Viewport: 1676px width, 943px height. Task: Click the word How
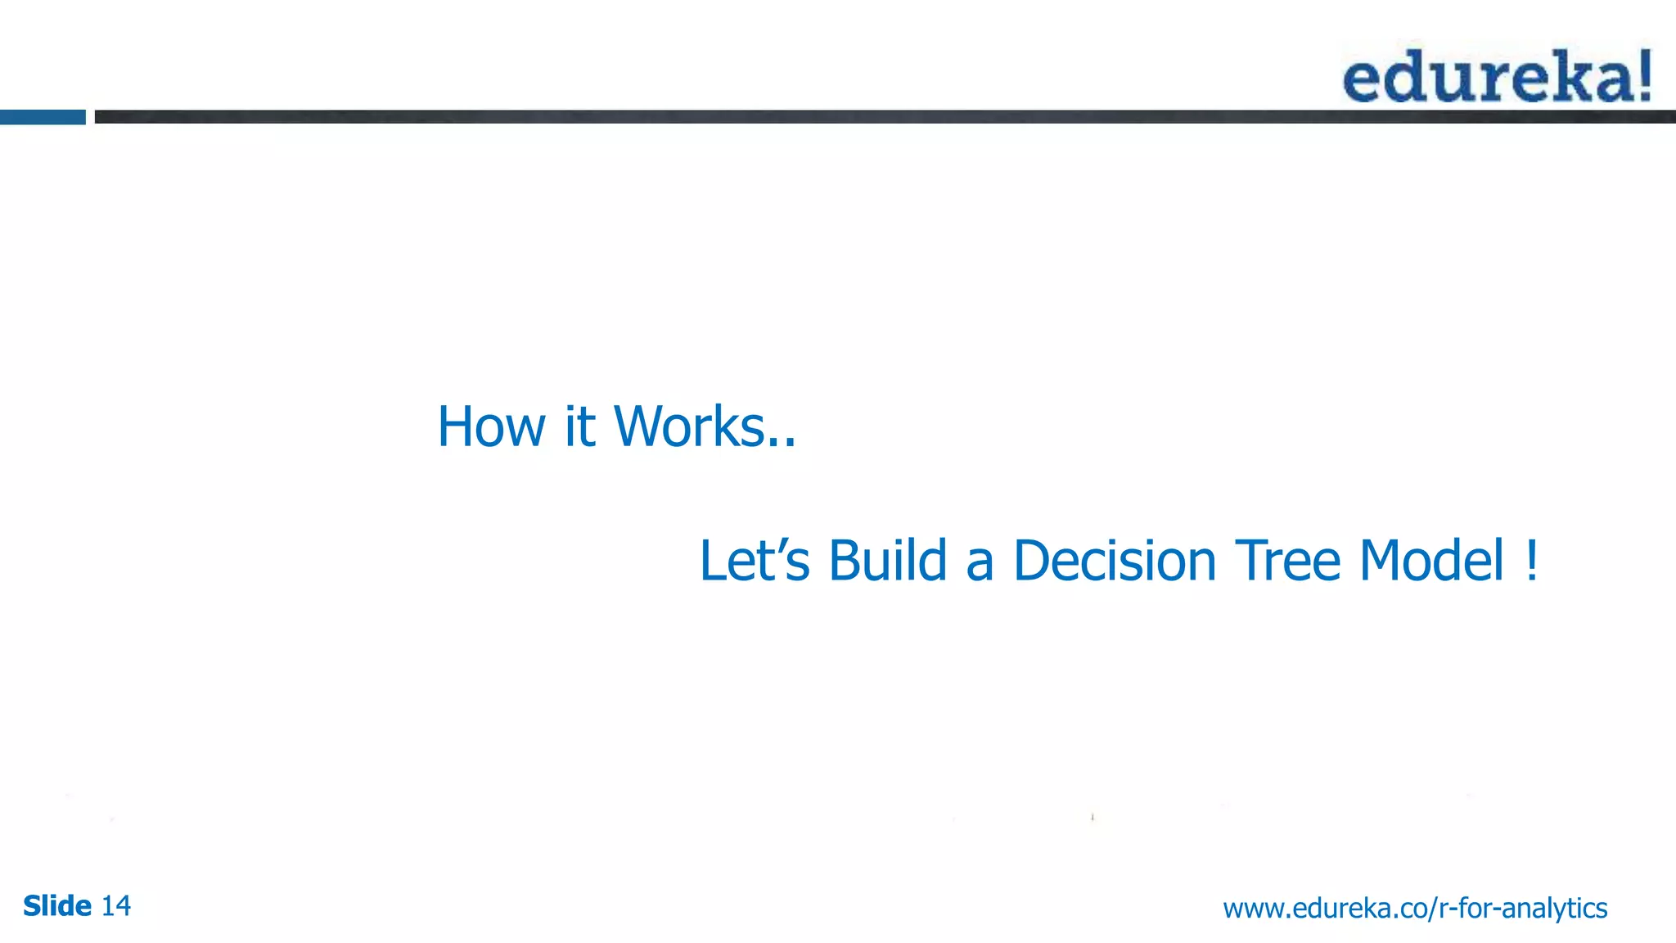click(491, 427)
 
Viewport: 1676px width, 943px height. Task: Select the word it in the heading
click(579, 427)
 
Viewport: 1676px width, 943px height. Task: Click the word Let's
click(754, 562)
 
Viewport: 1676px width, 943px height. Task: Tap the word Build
click(887, 562)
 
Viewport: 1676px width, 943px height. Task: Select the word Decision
click(1115, 562)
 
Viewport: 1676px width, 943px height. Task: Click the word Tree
click(1288, 562)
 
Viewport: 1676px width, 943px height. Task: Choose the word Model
click(1431, 562)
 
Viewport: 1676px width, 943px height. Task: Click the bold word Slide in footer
click(57, 906)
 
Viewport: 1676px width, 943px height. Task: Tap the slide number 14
click(115, 906)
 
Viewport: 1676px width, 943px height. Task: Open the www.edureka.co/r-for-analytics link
click(1415, 909)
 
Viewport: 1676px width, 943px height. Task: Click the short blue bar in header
click(43, 117)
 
